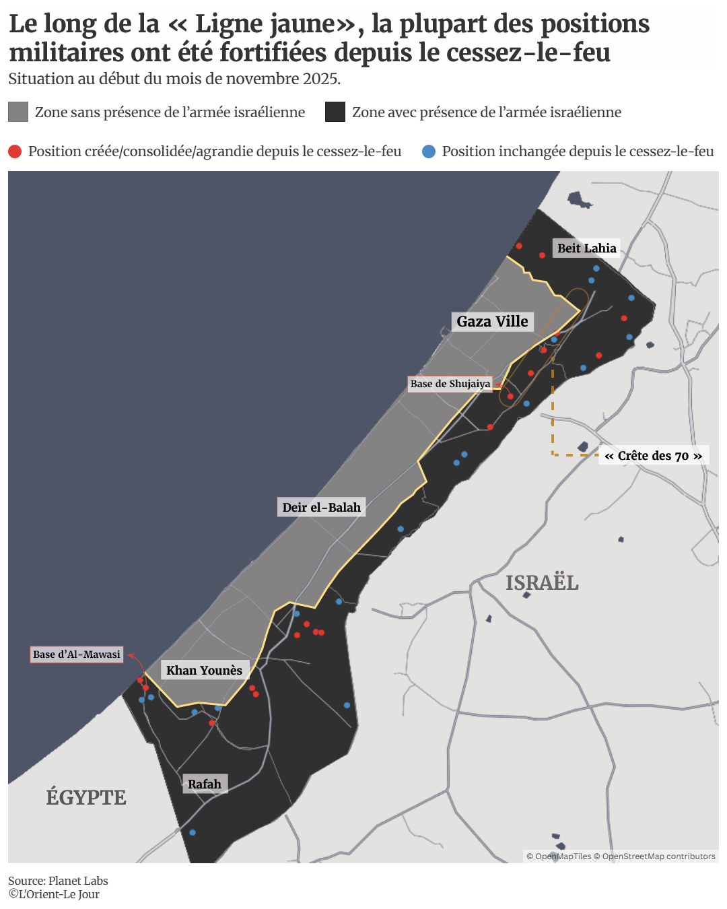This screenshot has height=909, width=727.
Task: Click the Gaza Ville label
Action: [492, 321]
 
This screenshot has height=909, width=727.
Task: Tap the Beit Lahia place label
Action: [586, 248]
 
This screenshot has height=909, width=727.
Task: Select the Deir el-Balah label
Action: [321, 507]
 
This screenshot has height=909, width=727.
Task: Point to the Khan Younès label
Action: [204, 670]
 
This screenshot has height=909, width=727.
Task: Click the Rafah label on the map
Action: [205, 784]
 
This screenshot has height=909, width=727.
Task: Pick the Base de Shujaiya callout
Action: [450, 384]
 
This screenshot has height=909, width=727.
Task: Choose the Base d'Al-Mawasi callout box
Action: [77, 654]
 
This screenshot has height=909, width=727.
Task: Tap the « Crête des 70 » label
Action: [653, 456]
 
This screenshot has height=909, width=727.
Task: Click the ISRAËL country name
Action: [542, 582]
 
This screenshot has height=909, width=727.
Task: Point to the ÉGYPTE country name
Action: [86, 797]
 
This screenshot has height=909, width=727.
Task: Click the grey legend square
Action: [18, 112]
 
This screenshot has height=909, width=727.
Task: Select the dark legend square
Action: [335, 112]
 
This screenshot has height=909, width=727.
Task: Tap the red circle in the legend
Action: [15, 151]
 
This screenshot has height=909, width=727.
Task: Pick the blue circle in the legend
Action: [429, 151]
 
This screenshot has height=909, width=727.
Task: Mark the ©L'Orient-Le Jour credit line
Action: [54, 894]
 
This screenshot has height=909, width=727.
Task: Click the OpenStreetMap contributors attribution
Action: [658, 856]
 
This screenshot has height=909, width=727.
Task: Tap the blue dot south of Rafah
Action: [193, 833]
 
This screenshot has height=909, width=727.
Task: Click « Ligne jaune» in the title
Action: [262, 24]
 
